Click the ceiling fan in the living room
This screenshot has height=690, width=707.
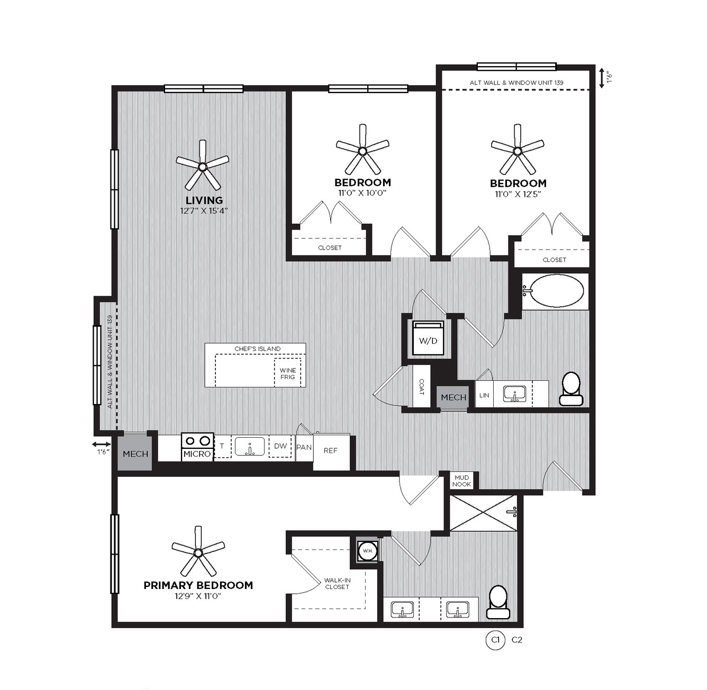(202, 167)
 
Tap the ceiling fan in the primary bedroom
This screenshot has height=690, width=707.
(198, 553)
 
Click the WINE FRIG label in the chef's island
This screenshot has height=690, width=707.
(287, 373)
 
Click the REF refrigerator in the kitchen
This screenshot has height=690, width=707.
(331, 451)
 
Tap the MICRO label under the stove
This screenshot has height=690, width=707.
(197, 454)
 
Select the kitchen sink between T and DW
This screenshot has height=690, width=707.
(250, 446)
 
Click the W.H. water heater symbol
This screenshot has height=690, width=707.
(368, 550)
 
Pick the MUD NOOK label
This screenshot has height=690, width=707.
(461, 481)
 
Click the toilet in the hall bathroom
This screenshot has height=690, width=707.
(571, 389)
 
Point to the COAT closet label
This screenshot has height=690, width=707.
(421, 387)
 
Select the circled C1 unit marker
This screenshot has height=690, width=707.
(495, 640)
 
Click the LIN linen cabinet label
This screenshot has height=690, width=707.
(484, 395)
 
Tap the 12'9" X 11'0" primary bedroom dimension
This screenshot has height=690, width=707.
(198, 596)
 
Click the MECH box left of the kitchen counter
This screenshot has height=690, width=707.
(135, 453)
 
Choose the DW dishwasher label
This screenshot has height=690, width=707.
(280, 446)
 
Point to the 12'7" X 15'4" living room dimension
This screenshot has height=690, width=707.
(203, 210)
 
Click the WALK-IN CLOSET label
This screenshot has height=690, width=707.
(337, 584)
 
